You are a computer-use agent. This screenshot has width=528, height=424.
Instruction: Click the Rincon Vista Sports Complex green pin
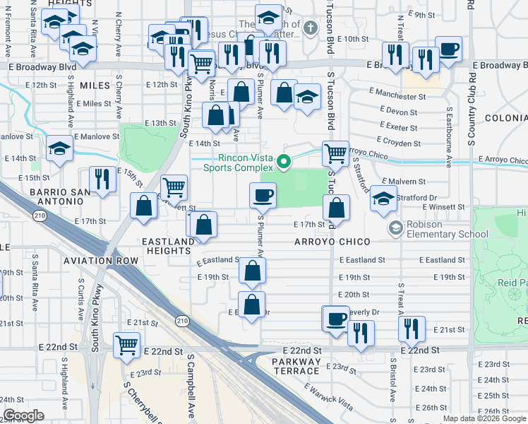point(284,162)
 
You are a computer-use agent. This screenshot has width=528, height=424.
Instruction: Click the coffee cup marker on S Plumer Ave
point(263,194)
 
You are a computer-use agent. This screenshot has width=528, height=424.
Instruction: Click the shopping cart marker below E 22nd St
point(127,346)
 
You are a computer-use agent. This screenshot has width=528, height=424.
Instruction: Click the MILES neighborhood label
point(95,86)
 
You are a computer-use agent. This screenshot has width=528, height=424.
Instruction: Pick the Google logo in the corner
point(23,416)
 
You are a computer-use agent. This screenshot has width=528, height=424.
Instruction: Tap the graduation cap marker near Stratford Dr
point(383,201)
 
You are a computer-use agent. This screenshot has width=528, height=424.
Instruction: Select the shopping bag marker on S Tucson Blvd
point(337,208)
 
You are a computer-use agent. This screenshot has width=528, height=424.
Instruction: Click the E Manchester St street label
point(398,95)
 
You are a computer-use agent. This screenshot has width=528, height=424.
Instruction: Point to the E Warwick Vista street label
point(328,395)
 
